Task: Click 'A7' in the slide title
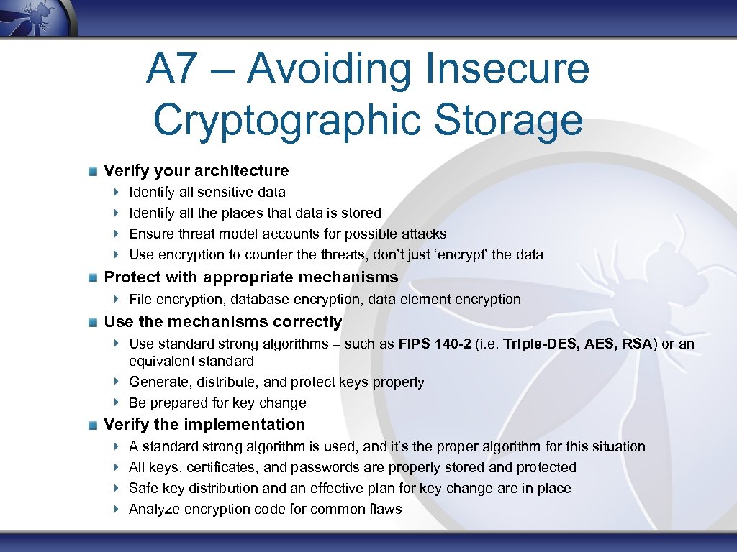(x=171, y=68)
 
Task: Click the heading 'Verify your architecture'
(x=196, y=171)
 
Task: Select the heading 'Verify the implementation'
(x=204, y=425)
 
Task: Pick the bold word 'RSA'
(x=638, y=344)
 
